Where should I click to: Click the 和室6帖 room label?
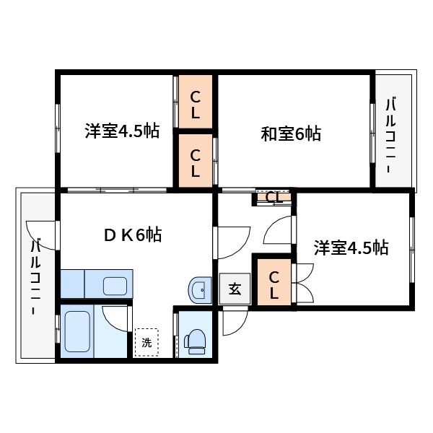click(x=291, y=134)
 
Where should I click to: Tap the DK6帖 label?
click(x=132, y=235)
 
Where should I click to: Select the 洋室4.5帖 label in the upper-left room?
click(x=122, y=131)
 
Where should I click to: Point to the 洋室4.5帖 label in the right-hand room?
click(x=351, y=248)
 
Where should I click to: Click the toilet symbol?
click(x=195, y=340)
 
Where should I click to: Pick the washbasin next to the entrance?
click(x=198, y=291)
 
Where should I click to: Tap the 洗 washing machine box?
click(x=146, y=343)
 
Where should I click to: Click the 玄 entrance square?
click(x=235, y=289)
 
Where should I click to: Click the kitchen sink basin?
click(x=115, y=285)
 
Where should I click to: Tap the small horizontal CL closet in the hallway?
click(x=274, y=197)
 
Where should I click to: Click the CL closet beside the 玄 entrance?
click(x=274, y=284)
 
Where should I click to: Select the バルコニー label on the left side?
click(x=35, y=276)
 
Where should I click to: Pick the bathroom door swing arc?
click(x=114, y=318)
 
